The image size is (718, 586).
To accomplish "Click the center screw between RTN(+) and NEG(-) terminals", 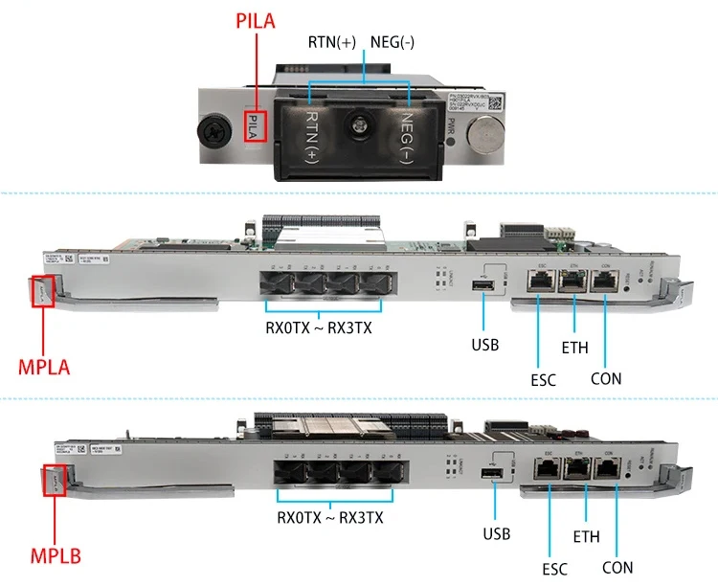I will (x=359, y=124).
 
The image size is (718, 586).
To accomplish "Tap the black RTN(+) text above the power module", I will (x=331, y=42).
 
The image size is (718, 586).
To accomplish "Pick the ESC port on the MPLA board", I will (x=538, y=280).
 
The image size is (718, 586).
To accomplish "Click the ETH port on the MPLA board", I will (x=572, y=280).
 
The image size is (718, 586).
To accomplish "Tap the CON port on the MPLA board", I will (x=605, y=280).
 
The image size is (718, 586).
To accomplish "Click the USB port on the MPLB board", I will (x=494, y=476).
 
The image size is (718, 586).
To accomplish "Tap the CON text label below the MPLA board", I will (x=605, y=378).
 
